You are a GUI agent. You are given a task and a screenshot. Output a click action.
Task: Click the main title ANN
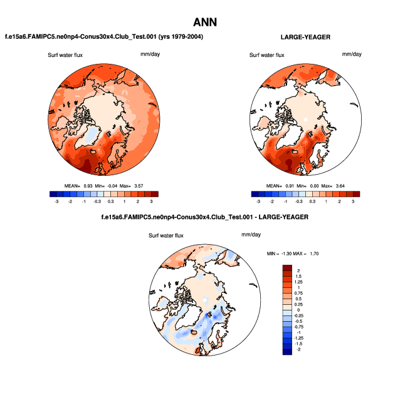(204, 22)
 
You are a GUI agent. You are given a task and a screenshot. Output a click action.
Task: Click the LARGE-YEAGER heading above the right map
(305, 37)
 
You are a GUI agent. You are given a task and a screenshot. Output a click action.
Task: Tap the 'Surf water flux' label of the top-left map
(65, 55)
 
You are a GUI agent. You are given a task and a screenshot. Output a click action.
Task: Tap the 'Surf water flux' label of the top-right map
(267, 55)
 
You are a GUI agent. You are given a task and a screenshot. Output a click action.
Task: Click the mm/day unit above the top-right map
(352, 54)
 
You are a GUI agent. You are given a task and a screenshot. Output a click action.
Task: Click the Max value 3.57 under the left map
(145, 186)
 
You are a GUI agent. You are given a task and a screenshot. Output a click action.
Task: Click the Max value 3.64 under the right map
(347, 186)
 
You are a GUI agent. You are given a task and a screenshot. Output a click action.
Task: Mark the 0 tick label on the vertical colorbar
(299, 310)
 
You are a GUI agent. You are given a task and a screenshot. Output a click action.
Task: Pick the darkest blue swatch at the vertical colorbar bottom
(288, 352)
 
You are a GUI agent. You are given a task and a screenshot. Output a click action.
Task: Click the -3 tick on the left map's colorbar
(56, 202)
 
